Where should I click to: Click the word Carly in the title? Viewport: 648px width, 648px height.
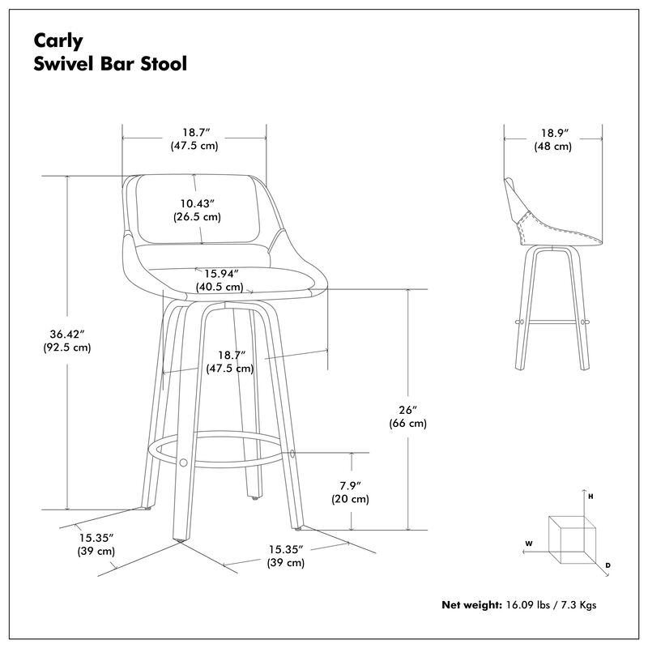tap(52, 41)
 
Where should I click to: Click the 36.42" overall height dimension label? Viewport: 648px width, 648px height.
tap(66, 333)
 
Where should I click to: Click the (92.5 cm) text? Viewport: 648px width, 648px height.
tap(66, 348)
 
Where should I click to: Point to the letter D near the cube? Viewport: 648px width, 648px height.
tap(607, 564)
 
